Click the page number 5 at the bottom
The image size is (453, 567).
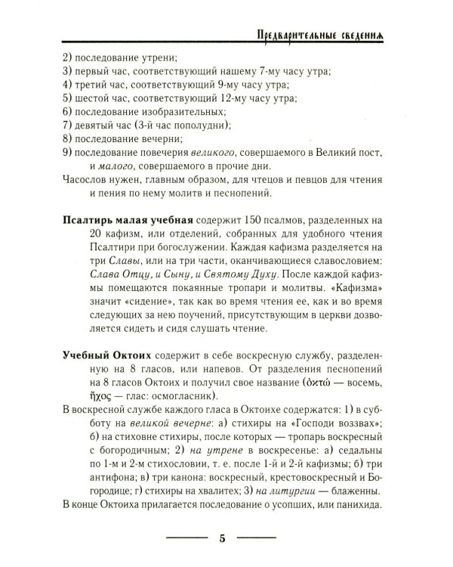tap(222, 538)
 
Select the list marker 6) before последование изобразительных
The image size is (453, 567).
tap(63, 111)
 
